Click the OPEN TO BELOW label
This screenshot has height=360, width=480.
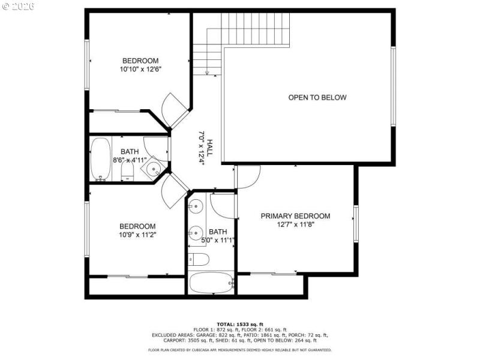317,98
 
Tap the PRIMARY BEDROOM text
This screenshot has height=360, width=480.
295,216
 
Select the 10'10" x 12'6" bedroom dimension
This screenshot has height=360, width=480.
140,69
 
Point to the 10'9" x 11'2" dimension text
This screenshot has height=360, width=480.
138,235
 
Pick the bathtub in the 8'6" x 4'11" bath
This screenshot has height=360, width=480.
101,159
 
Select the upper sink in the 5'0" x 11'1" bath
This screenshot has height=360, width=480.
195,207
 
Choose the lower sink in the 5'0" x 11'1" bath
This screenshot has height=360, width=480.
195,232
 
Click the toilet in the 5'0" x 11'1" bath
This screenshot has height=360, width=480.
199,260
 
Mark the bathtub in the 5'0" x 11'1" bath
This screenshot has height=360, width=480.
211,283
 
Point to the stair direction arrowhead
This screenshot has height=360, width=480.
207,74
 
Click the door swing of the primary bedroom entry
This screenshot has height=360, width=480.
248,176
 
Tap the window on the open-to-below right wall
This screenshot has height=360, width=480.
393,87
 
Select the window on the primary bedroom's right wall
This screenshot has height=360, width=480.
356,224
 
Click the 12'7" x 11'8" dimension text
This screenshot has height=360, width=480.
295,225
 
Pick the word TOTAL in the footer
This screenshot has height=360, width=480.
226,324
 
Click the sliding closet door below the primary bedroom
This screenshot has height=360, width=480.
273,274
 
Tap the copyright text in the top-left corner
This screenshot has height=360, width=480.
18,5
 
